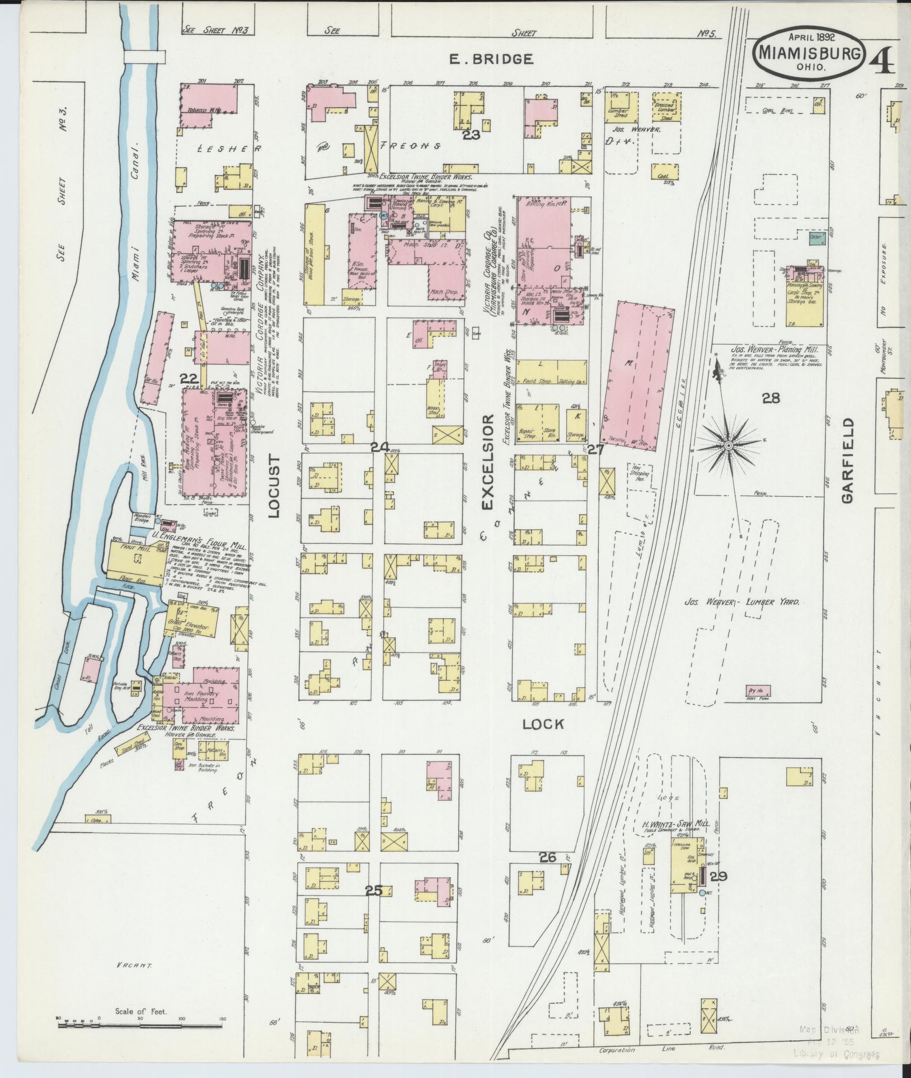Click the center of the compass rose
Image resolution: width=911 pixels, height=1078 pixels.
pyautogui.click(x=728, y=445)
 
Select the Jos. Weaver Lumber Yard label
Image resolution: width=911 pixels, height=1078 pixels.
pyautogui.click(x=742, y=602)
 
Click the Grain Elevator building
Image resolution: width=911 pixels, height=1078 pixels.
pyautogui.click(x=188, y=627)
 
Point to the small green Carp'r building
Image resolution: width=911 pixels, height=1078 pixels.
pyautogui.click(x=816, y=238)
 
